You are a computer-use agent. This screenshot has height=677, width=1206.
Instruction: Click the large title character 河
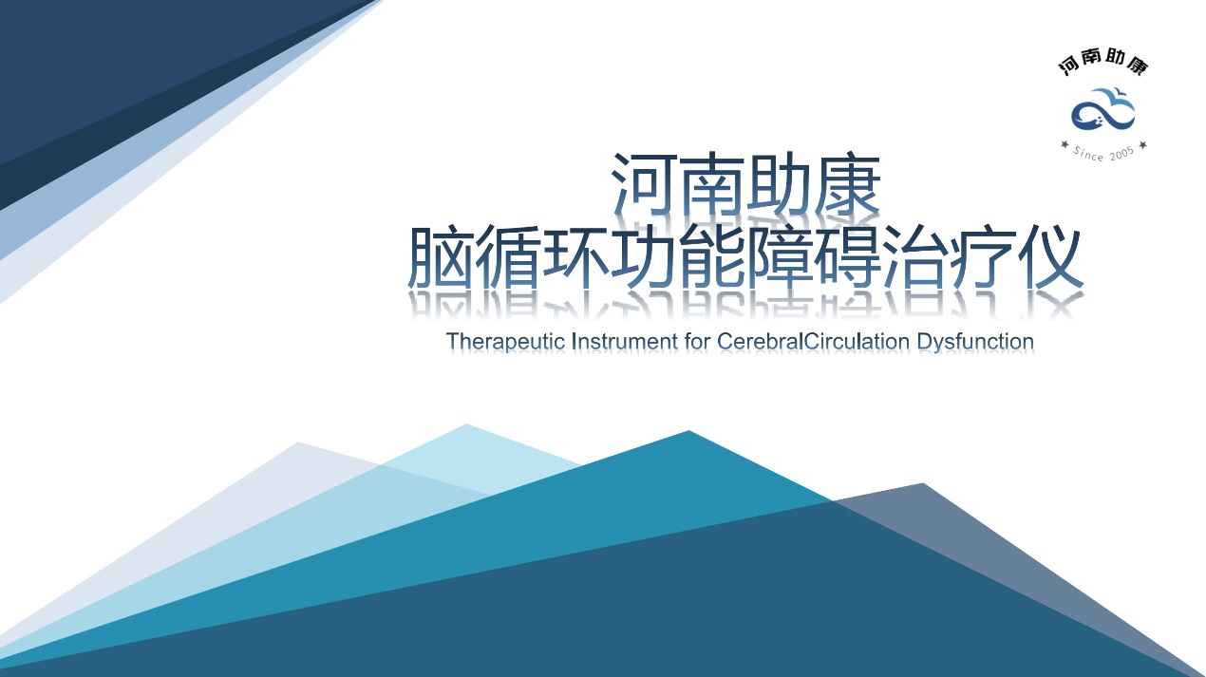[644, 184]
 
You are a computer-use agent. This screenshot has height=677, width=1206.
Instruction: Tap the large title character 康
[847, 184]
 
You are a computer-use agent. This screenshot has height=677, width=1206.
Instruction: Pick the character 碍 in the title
[847, 256]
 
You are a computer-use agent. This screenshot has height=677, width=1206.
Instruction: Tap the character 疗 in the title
[983, 256]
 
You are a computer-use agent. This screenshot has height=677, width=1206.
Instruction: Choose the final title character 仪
[1050, 256]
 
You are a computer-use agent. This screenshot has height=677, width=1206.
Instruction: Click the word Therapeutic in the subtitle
[505, 342]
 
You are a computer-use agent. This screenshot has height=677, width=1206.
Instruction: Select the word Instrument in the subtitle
[625, 341]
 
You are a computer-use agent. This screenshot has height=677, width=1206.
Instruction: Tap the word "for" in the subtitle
[697, 341]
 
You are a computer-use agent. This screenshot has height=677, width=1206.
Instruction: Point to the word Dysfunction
[975, 342]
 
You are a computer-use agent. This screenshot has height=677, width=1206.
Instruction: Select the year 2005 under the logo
[1122, 154]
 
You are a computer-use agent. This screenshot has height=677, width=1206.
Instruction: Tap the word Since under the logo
[1088, 154]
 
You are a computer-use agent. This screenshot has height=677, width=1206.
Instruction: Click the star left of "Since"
[1065, 144]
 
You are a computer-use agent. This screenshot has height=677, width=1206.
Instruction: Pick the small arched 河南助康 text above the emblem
[1103, 63]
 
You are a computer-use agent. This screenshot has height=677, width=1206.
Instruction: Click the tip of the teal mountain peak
[688, 431]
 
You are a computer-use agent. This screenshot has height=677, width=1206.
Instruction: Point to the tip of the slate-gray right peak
[923, 484]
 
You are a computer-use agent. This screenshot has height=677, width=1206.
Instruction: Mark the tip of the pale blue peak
[466, 424]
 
